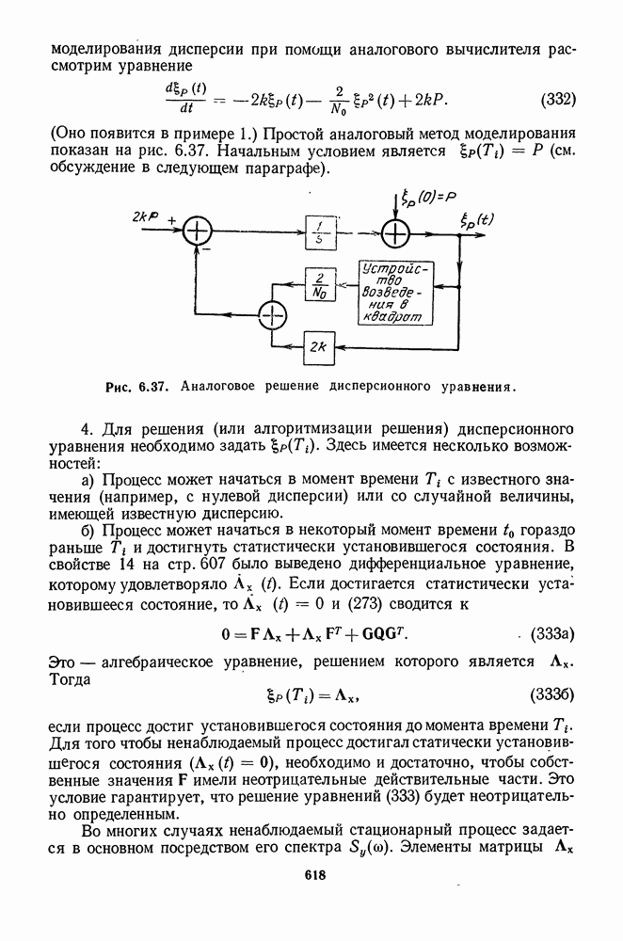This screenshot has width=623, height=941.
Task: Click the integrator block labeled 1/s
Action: (320, 231)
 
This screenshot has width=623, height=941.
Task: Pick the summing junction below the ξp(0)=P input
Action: (396, 231)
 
